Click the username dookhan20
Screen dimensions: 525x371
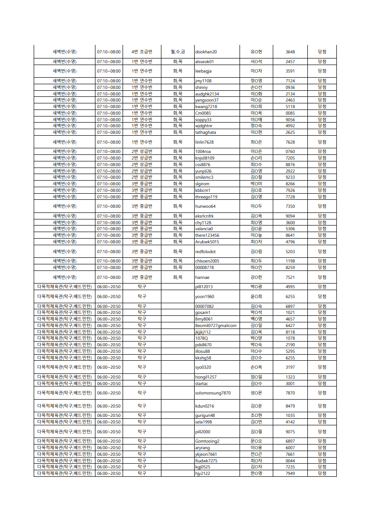pos(206,52)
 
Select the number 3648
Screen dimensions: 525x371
pos(290,52)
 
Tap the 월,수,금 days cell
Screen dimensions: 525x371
pos(177,52)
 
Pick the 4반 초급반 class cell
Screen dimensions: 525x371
pos(141,52)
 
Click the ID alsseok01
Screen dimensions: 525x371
pos(204,62)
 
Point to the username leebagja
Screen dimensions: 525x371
pos(203,71)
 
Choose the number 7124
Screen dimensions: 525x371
pos(290,81)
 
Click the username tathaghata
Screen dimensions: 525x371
pos(205,132)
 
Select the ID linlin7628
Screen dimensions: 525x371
pos(204,142)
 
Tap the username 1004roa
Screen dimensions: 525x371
pos(203,152)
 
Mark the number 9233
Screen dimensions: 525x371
pos(290,177)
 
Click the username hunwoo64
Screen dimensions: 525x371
pos(205,206)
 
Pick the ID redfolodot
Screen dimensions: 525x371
pos(205,252)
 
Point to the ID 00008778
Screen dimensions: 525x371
pos(204,268)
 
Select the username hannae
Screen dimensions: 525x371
pos(202,277)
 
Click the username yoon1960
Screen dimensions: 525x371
pos(204,297)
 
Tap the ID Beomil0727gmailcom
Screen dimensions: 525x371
pos(216,326)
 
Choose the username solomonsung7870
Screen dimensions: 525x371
pos(213,393)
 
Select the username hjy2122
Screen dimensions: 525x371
pos(203,474)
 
